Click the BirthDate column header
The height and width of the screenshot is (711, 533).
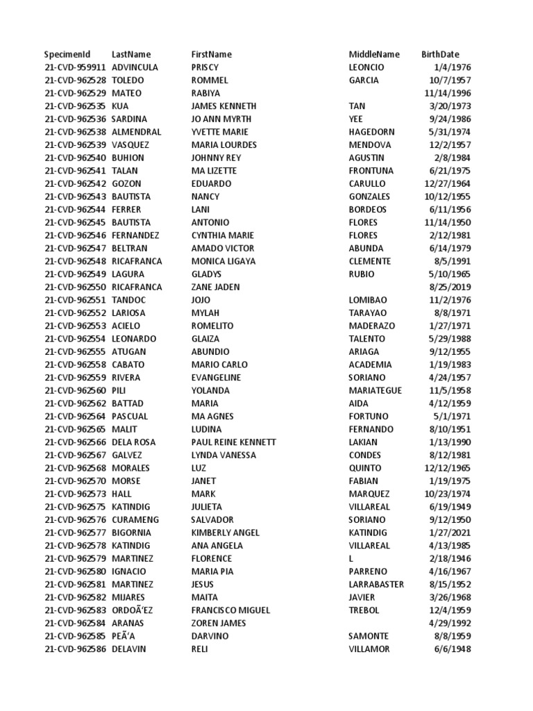click(440, 54)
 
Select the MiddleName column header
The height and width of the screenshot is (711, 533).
click(374, 54)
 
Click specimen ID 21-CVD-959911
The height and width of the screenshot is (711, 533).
click(75, 67)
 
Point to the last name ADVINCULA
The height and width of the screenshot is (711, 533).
click(135, 67)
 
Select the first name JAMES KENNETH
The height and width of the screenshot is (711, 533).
click(223, 106)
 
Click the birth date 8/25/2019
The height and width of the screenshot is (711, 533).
click(450, 287)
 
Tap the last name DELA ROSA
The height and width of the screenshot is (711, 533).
click(133, 442)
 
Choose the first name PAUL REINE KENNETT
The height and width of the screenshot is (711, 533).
click(233, 442)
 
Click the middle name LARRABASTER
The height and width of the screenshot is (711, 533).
click(376, 585)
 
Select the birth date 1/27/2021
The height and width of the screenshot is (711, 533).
click(450, 533)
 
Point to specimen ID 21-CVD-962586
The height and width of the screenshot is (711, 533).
click(75, 649)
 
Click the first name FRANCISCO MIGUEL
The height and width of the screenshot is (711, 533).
click(230, 610)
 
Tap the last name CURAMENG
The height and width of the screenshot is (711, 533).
click(135, 520)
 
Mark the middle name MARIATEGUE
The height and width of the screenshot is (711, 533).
click(375, 390)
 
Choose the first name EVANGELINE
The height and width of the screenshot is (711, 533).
click(216, 378)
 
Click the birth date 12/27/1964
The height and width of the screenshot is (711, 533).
click(448, 184)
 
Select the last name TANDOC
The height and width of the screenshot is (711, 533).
click(129, 300)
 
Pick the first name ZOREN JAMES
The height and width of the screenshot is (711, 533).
click(219, 624)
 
